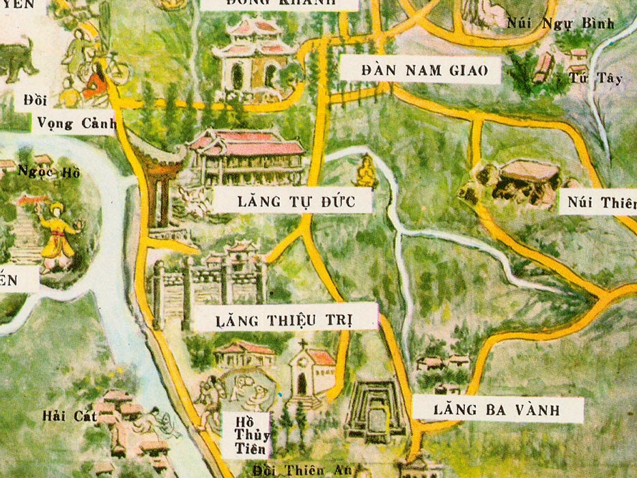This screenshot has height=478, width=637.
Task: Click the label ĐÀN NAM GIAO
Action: point(420,70)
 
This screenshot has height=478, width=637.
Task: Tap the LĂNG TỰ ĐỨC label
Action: point(293,201)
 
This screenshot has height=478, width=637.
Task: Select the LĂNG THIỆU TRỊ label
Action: point(285,318)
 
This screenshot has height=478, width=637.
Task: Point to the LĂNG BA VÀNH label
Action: point(496,410)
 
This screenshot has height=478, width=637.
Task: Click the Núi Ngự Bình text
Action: point(561,24)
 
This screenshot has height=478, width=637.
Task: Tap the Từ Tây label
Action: point(595,78)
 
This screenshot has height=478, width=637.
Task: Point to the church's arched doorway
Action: point(301,384)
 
